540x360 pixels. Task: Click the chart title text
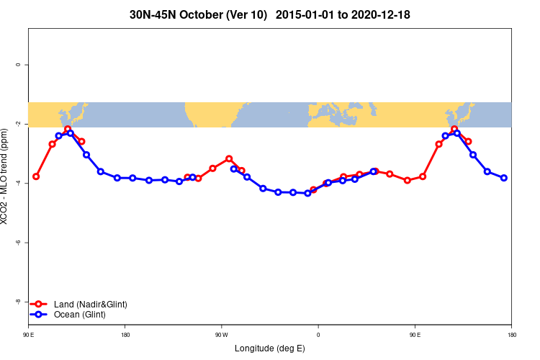point(270,14)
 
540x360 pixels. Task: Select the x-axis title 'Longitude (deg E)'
point(270,348)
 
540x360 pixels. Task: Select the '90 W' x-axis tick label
point(221,334)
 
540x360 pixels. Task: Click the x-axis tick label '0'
point(318,334)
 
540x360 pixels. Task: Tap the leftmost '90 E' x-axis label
point(28,334)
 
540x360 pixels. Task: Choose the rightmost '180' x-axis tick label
point(511,334)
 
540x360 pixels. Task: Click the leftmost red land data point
point(36,176)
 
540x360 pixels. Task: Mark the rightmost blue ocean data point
point(504,178)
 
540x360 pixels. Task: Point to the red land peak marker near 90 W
point(229,158)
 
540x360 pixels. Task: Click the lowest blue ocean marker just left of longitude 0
point(307,193)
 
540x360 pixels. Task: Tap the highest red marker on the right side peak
point(454,129)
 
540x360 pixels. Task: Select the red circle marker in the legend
point(40,305)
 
